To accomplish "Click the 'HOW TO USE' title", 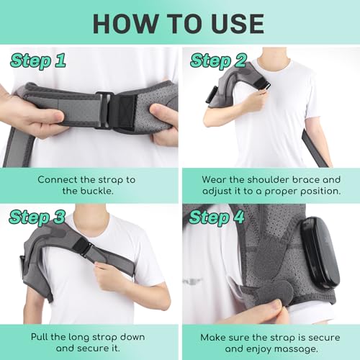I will [x=180, y=24].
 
